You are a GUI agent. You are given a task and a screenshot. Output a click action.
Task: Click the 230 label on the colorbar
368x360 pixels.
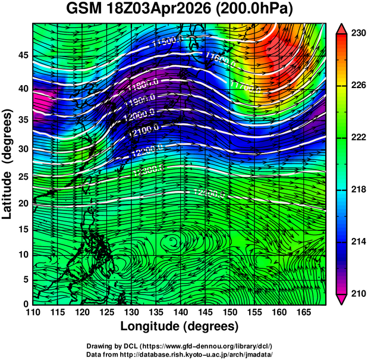pos(358,34)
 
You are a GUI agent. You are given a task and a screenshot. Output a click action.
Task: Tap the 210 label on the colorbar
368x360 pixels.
pos(358,293)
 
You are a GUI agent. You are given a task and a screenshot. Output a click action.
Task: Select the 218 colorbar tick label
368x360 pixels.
pos(358,190)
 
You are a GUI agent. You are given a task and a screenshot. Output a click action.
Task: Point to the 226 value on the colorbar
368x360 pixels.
pos(358,86)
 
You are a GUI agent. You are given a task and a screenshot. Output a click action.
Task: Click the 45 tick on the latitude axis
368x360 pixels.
pos(22,55)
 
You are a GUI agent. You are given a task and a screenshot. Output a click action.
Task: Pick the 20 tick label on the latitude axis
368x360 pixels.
pos(22,203)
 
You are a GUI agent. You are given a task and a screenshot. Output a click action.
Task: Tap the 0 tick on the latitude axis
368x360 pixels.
pos(25,304)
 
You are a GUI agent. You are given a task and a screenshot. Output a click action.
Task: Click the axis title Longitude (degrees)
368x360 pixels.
pos(180,327)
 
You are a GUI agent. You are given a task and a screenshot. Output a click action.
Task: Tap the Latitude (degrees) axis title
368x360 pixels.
pos(8,164)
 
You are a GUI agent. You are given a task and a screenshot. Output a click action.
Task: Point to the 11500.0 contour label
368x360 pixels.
pos(166,42)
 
